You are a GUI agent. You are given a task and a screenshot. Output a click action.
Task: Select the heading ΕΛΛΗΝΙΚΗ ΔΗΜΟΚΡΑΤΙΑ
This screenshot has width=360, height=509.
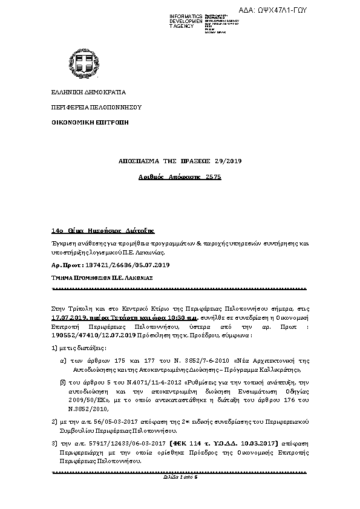(89, 93)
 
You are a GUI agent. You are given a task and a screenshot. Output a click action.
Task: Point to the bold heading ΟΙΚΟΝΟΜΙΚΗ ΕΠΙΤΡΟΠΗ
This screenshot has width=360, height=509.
(90, 122)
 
